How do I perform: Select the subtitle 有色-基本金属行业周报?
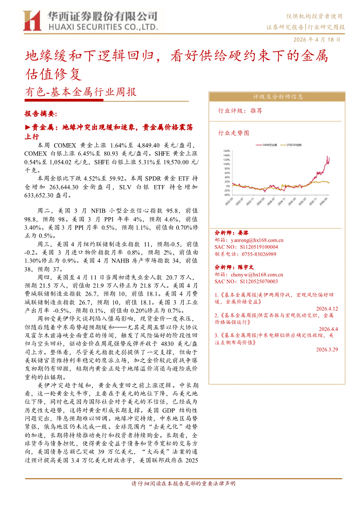pyautogui.click(x=81, y=92)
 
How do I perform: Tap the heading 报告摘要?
pyautogui.click(x=40, y=114)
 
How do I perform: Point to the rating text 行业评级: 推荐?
pyautogui.click(x=240, y=111)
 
